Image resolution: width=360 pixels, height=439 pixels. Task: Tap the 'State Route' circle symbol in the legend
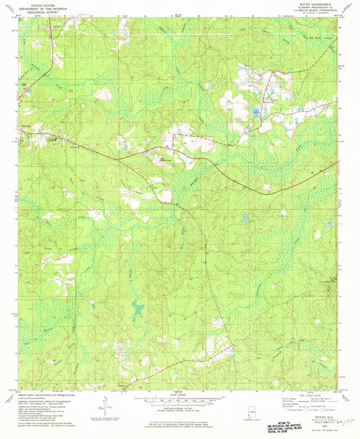pos(325,410)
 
